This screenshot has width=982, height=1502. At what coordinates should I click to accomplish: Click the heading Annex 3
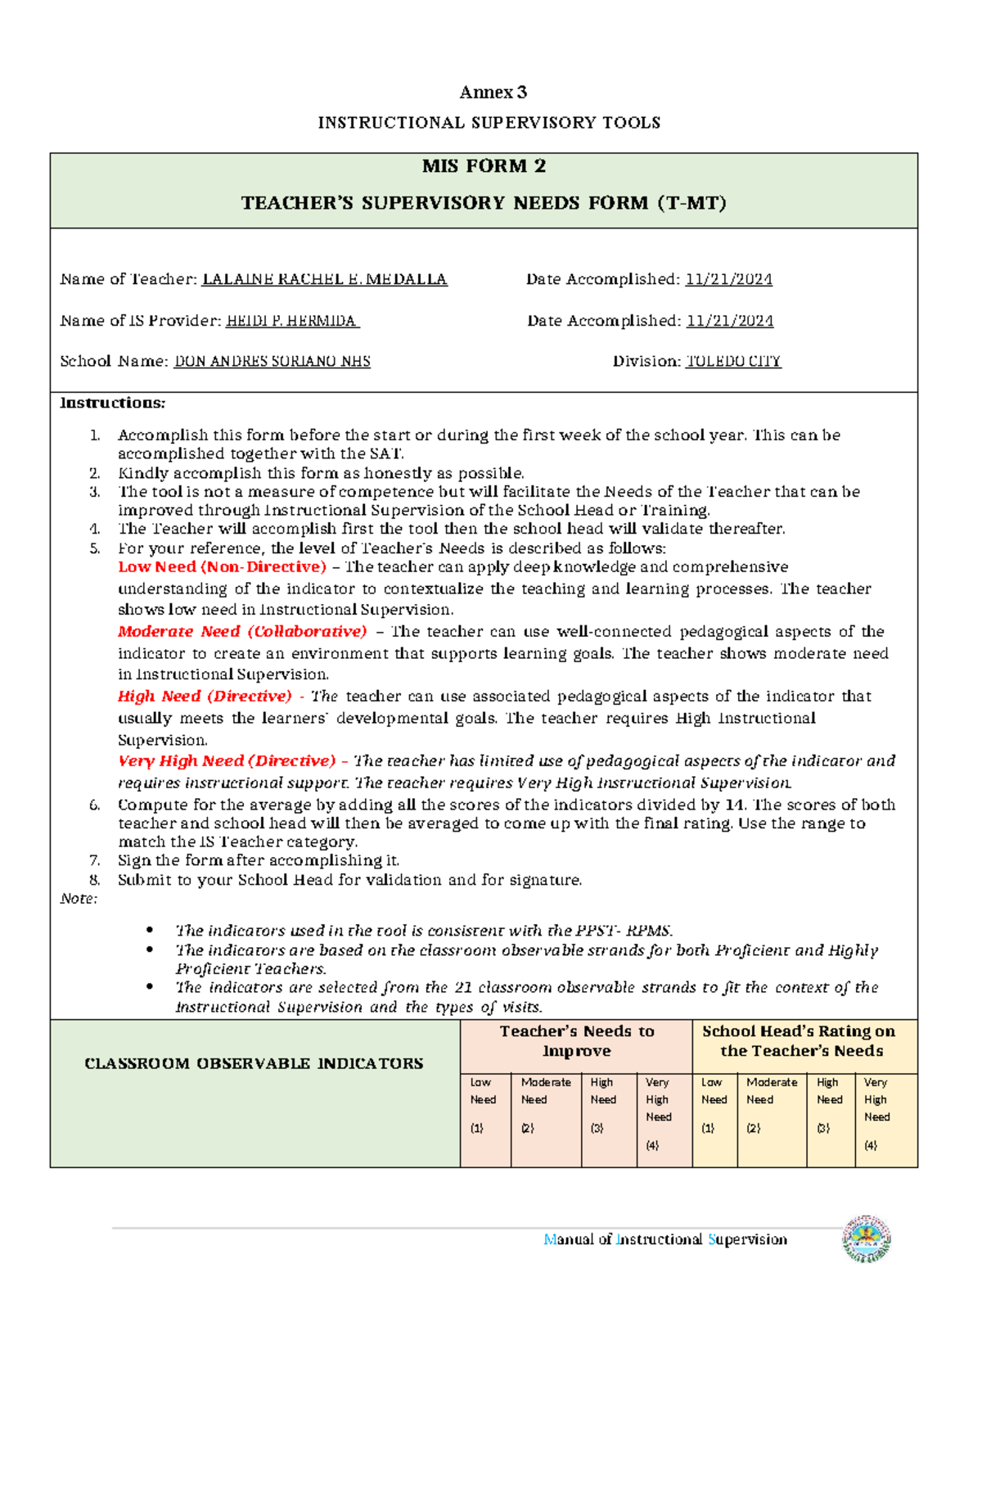point(493,92)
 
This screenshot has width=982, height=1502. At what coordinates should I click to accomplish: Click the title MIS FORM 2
point(484,166)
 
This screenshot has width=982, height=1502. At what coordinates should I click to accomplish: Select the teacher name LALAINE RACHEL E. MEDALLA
point(324,279)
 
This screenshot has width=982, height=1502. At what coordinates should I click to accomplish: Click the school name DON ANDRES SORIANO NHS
point(272,361)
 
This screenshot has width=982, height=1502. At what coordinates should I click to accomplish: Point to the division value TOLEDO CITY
point(732,361)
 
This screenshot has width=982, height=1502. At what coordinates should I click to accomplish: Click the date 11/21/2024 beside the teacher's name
point(728,279)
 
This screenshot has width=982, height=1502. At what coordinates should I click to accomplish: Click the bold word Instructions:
point(112,403)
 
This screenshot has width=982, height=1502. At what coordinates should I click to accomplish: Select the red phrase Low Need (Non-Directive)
point(222,566)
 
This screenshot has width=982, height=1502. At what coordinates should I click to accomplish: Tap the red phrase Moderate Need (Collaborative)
point(242,631)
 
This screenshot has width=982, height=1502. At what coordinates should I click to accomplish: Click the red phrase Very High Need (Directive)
point(227,760)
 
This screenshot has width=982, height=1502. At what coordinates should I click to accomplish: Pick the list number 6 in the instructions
point(95,805)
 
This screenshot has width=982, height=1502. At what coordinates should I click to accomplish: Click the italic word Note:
point(79,899)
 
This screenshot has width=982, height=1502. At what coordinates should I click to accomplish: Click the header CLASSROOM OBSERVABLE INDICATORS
point(254,1063)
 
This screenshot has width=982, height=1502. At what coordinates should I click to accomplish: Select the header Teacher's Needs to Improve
point(577,1041)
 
